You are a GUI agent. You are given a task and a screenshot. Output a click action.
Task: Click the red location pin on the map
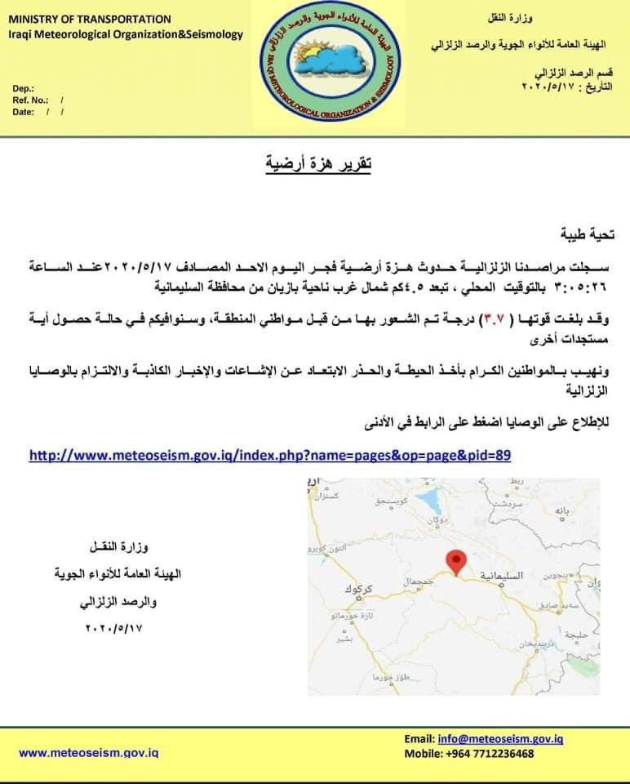click(x=457, y=561)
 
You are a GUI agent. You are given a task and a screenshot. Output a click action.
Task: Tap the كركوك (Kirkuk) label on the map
click(x=359, y=589)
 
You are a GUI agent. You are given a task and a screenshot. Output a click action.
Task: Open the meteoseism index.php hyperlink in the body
click(x=270, y=454)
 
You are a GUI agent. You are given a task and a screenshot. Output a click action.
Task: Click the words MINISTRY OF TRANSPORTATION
click(x=90, y=19)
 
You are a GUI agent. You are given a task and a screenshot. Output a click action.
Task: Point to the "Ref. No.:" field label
click(x=31, y=100)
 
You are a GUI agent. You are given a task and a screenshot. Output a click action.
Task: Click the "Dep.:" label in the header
click(x=23, y=87)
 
